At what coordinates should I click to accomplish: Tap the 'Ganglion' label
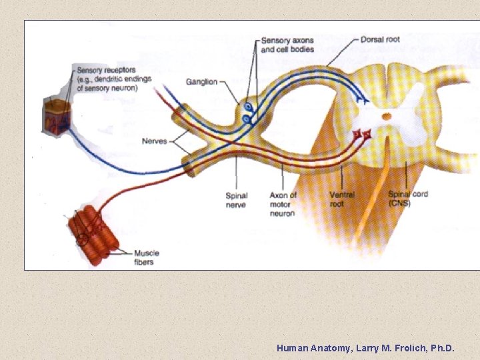202,82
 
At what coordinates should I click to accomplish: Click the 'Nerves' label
155,141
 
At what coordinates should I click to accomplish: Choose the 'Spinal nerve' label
236,200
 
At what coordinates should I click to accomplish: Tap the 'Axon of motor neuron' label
283,204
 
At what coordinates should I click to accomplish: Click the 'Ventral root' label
341,199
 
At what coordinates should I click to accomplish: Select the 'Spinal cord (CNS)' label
408,198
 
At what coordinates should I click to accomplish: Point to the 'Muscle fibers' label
147,257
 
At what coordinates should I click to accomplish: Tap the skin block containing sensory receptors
57,116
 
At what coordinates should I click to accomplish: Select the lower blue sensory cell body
246,119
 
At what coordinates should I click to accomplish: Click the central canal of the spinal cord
385,118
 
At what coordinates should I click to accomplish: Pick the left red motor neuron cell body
357,136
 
